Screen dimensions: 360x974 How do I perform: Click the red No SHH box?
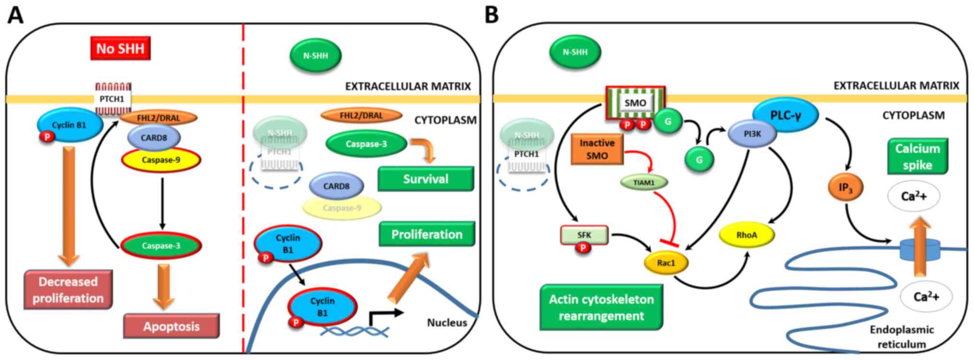point(120,48)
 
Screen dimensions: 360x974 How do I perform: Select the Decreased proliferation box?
point(68,290)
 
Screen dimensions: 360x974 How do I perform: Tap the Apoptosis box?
point(171,326)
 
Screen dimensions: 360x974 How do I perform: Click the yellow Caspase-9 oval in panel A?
point(161,160)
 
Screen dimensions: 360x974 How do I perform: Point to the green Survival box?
point(425,179)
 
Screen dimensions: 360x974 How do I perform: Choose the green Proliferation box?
point(426,234)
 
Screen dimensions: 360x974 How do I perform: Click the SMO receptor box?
point(635,103)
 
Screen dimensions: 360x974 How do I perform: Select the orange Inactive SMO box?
point(597,149)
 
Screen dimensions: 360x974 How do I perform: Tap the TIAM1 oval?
point(644,183)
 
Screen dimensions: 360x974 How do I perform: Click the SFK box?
point(584,235)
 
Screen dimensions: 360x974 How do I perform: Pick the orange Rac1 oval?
point(666,263)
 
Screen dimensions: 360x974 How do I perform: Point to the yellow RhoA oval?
point(747,235)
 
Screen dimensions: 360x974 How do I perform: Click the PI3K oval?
point(752,134)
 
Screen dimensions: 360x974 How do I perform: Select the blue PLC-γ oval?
point(785,116)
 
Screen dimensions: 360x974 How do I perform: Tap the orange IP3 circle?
point(845,187)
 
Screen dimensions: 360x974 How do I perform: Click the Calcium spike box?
point(917,157)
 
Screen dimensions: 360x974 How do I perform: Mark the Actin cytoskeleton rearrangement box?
point(601,307)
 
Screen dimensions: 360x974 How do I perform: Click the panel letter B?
point(492,15)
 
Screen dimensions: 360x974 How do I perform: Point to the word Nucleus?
point(446,323)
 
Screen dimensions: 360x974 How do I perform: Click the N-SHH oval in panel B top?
point(575,52)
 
